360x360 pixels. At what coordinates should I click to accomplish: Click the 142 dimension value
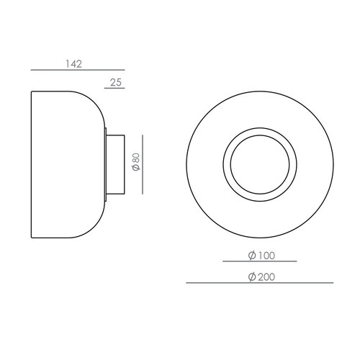click(x=73, y=63)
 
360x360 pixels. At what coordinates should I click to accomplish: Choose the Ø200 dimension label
click(x=260, y=277)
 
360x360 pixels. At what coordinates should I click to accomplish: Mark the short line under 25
click(x=114, y=89)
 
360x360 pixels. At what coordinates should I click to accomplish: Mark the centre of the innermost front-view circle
click(x=259, y=163)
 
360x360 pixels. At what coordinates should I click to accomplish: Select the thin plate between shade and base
click(x=106, y=163)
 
